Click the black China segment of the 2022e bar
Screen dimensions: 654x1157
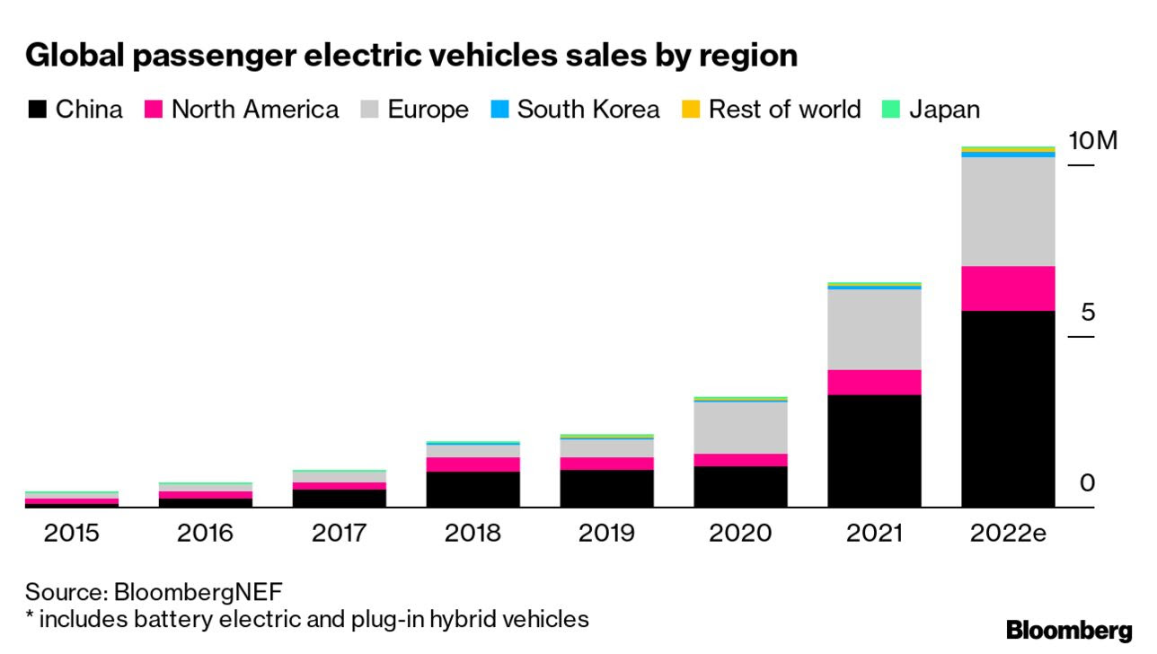1008,409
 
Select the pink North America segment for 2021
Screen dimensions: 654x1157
874,382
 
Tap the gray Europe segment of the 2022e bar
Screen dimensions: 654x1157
1008,211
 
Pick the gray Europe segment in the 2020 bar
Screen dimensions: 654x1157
740,427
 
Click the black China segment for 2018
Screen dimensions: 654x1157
473,490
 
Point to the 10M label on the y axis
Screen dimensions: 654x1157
1092,141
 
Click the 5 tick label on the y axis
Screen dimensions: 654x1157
1088,313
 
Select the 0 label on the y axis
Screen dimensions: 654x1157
1088,483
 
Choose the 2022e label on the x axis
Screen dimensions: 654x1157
1008,533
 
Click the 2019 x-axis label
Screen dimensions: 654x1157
606,533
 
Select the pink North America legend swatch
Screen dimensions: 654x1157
154,110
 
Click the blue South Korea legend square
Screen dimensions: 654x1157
499,110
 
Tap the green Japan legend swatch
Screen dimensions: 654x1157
891,110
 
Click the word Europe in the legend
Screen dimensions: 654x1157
428,110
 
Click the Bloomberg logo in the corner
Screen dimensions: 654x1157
1069,630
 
